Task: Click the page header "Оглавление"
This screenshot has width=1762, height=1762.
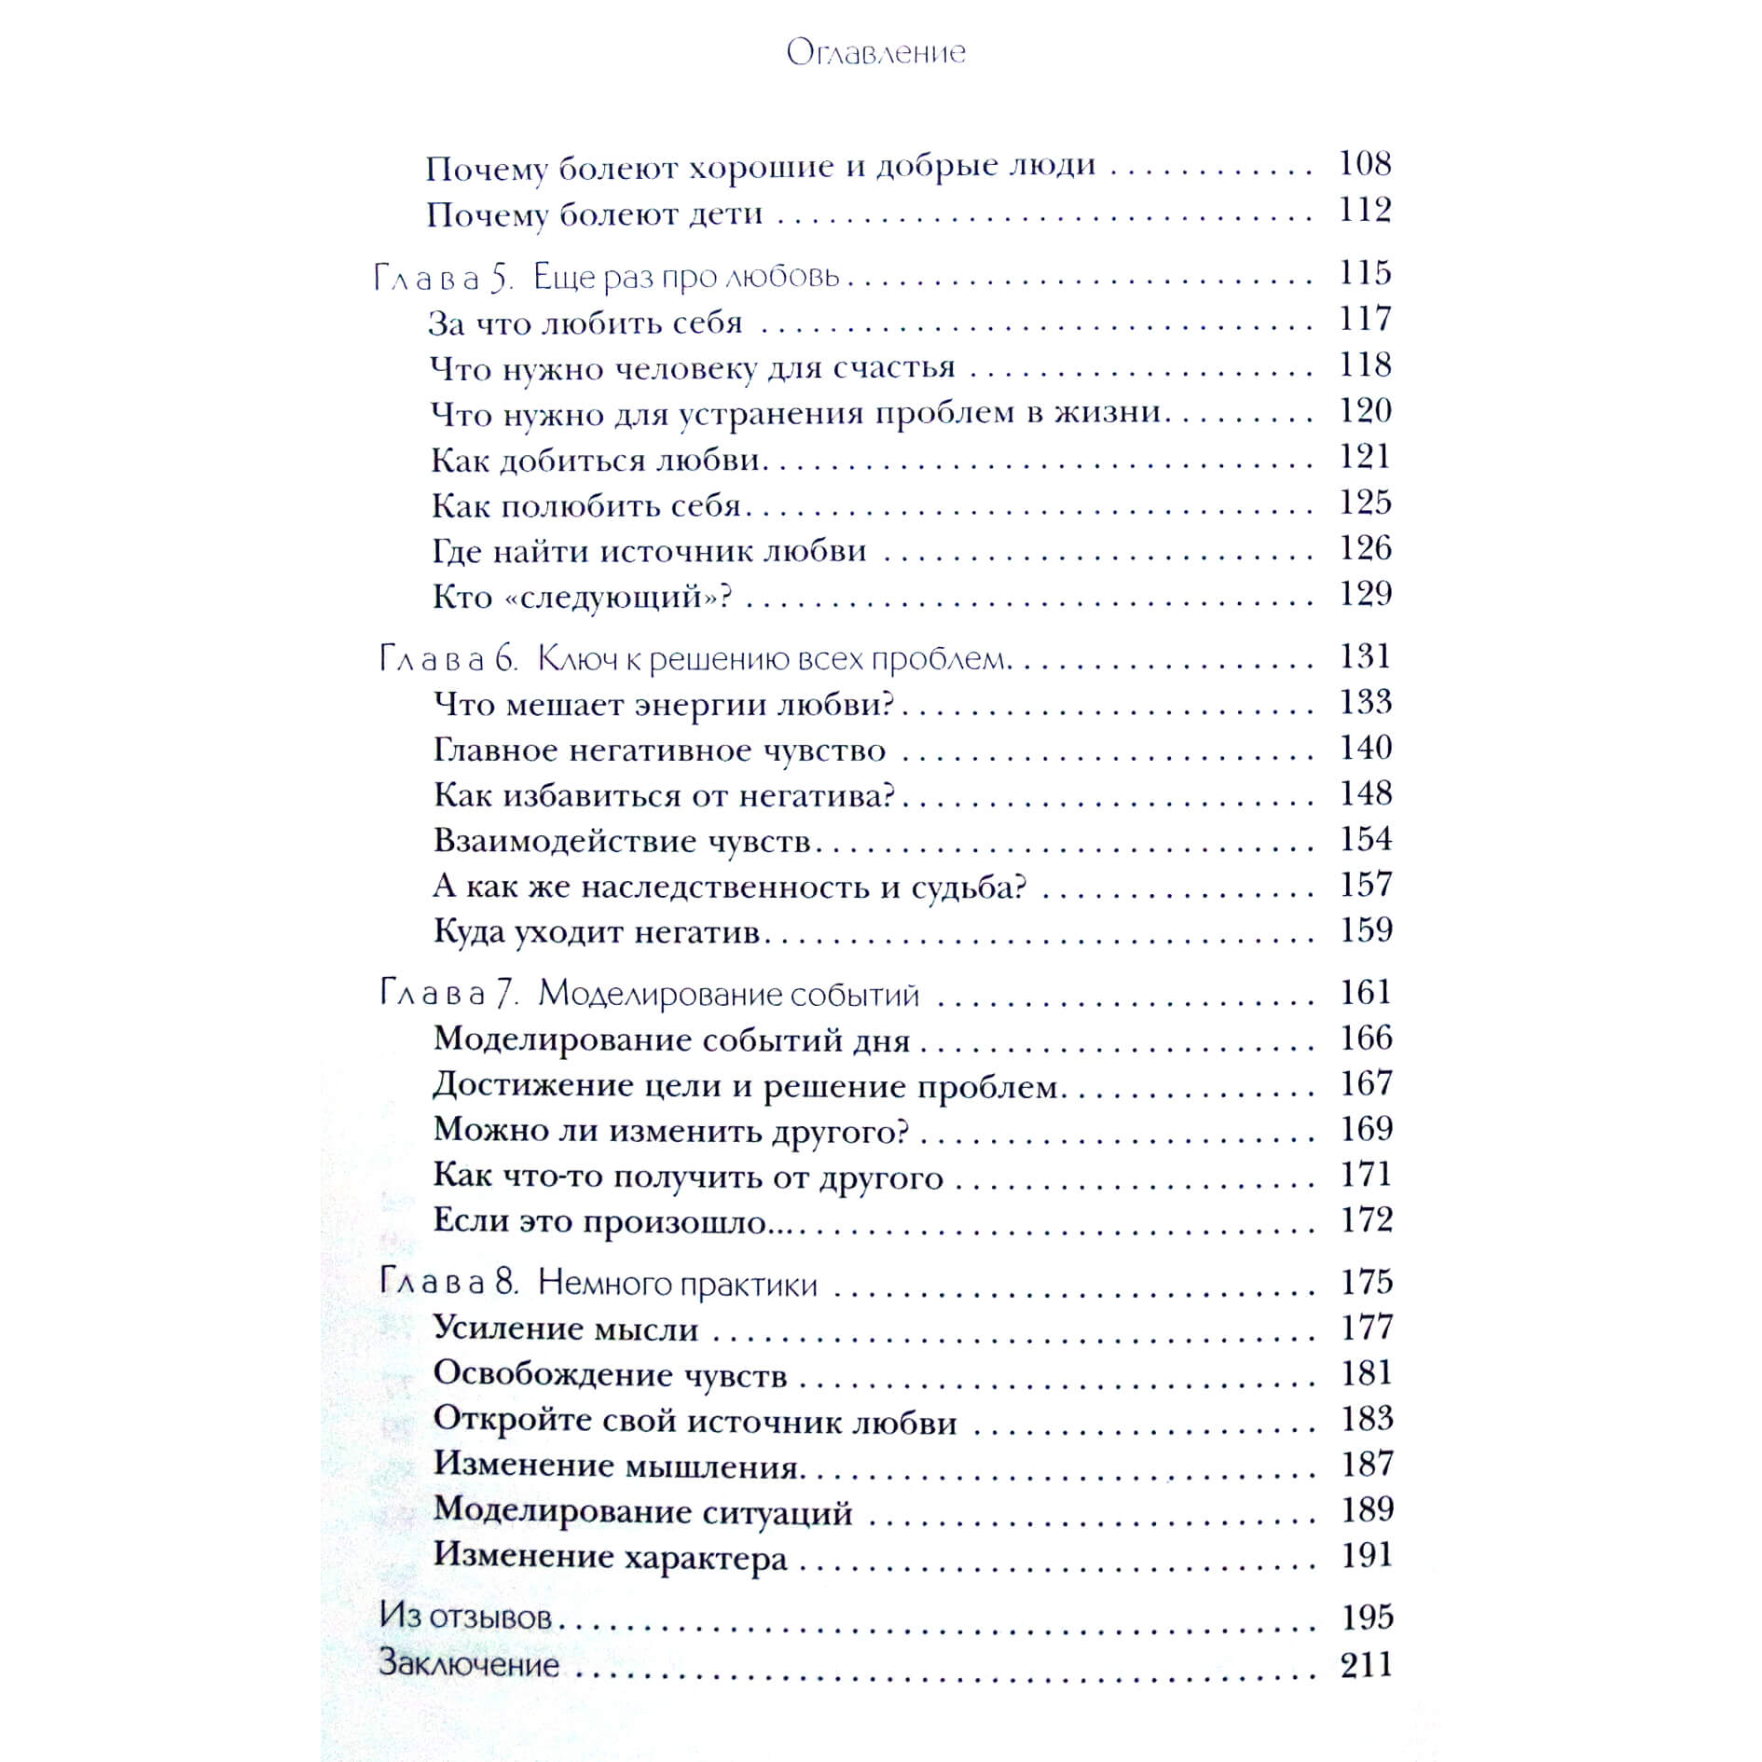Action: pyautogui.click(x=875, y=52)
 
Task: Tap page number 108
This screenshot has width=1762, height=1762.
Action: pyautogui.click(x=1365, y=164)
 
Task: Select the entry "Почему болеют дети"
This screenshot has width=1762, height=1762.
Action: pyautogui.click(x=595, y=214)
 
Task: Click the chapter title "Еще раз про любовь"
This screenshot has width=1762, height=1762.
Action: pyautogui.click(x=687, y=277)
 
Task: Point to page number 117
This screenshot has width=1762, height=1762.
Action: pyautogui.click(x=1365, y=319)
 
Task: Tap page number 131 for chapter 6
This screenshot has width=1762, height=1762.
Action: pyautogui.click(x=1365, y=656)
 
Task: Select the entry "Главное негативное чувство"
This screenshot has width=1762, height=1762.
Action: pyautogui.click(x=660, y=750)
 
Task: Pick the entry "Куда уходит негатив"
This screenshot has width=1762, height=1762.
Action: pyautogui.click(x=598, y=931)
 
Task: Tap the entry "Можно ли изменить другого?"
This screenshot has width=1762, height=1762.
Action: pyautogui.click(x=671, y=1130)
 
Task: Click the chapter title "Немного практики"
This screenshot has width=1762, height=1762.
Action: pyautogui.click(x=678, y=1284)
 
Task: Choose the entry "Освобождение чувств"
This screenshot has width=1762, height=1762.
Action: pyautogui.click(x=611, y=1374)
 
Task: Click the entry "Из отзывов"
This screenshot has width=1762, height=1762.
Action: pyautogui.click(x=465, y=1617)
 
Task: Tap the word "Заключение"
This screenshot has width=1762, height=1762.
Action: pyautogui.click(x=469, y=1664)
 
